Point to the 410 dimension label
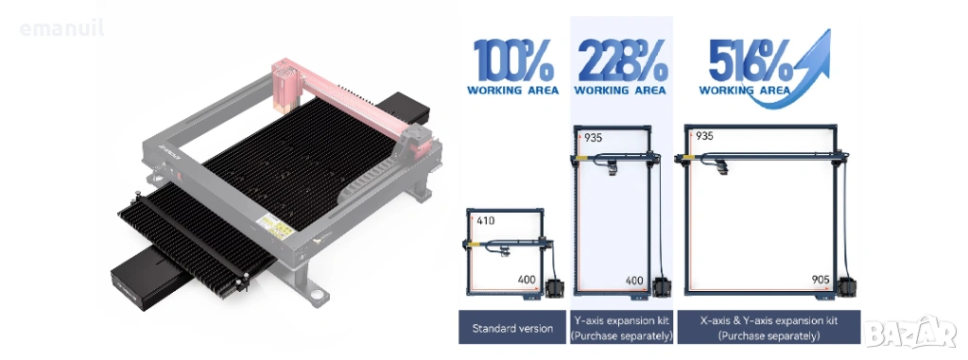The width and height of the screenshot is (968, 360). [x=485, y=220]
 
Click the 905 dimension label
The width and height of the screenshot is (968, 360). [x=821, y=280]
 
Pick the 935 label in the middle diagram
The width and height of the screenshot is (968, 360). [x=593, y=138]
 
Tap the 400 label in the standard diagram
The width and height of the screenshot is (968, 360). [x=527, y=280]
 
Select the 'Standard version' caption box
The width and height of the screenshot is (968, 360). [x=512, y=327]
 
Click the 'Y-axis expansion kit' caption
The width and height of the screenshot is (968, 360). [x=621, y=327]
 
